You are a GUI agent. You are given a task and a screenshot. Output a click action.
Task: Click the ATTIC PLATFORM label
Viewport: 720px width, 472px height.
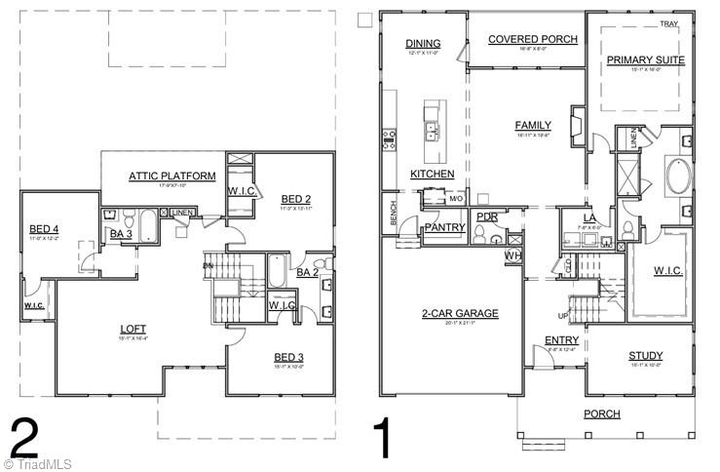(171, 176)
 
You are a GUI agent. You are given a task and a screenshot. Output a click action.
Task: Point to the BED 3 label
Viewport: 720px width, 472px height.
(289, 357)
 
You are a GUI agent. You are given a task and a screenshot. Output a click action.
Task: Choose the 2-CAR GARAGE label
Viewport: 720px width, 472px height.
(460, 313)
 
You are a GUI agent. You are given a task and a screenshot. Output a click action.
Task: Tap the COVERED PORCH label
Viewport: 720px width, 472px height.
(532, 39)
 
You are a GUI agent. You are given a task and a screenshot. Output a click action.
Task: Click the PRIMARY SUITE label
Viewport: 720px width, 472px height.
(645, 59)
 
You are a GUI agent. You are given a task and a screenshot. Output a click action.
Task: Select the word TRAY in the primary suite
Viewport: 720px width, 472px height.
(668, 23)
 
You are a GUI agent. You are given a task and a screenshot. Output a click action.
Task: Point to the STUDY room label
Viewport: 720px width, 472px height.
(645, 356)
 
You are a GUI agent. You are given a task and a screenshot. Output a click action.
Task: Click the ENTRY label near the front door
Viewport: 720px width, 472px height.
(561, 339)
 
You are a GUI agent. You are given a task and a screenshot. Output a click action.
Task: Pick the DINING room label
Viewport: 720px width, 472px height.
(424, 43)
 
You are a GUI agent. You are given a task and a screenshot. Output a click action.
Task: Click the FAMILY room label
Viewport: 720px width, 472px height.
(533, 125)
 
